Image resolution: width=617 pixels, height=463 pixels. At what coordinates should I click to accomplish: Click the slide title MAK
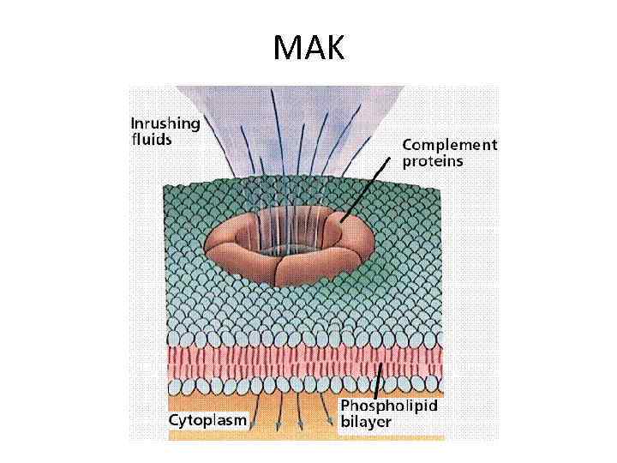click(308, 49)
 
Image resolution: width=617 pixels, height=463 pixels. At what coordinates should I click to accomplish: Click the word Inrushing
click(165, 123)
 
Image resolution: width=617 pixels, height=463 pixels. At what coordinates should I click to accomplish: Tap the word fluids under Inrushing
click(151, 139)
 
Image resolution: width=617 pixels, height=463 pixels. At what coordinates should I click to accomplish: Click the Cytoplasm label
click(207, 421)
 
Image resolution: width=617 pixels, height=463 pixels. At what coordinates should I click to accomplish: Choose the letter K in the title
click(332, 49)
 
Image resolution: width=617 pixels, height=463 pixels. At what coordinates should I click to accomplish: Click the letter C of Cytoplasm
click(174, 420)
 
